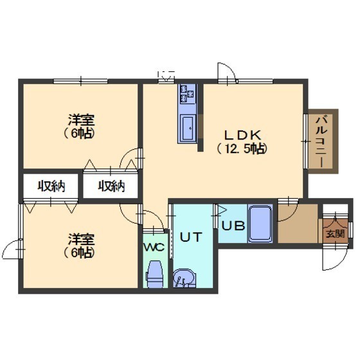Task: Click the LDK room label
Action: click(x=243, y=135)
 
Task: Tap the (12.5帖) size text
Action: click(x=242, y=149)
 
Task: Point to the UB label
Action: click(x=233, y=226)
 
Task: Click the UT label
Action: click(x=191, y=237)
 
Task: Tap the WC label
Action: click(x=154, y=248)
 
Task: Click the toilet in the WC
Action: click(x=155, y=274)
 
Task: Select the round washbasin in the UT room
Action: click(x=184, y=278)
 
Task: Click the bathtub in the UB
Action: click(x=260, y=224)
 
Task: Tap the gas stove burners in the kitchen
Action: click(x=187, y=94)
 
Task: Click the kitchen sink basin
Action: click(x=188, y=128)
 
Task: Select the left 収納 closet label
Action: click(x=51, y=186)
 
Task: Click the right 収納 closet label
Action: click(x=111, y=186)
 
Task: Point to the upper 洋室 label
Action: click(x=81, y=120)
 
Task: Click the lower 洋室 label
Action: click(x=81, y=239)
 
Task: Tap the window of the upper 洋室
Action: click(x=80, y=81)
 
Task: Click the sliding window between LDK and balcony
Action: click(x=305, y=141)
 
